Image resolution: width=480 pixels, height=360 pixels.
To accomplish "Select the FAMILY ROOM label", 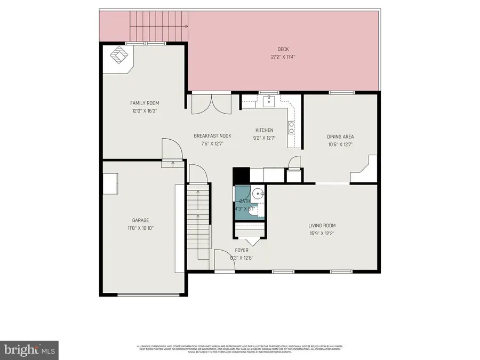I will coord(145,103).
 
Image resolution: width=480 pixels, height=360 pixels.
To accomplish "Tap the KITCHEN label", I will coord(264,130).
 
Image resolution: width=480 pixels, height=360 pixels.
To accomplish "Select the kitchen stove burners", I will coord(292,126).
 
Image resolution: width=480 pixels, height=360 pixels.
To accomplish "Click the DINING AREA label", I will coord(340,137).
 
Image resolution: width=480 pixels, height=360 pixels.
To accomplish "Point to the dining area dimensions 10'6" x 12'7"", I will coord(340,144).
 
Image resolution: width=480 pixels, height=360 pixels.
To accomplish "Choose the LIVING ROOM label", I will coord(322,226).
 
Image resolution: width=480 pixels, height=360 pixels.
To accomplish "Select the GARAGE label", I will coord(141,220).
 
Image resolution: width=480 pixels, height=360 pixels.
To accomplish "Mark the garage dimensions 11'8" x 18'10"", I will coord(141,228).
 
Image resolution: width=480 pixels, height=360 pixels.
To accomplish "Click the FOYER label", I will coord(242,250).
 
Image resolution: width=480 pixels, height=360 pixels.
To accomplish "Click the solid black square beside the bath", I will coord(241,175).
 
